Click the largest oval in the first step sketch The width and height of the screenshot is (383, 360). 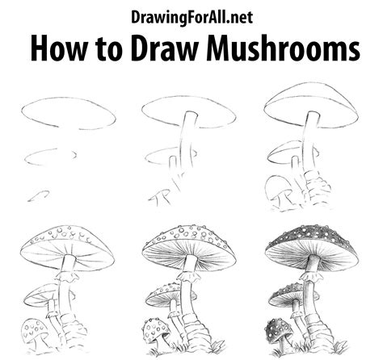(65, 113)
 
